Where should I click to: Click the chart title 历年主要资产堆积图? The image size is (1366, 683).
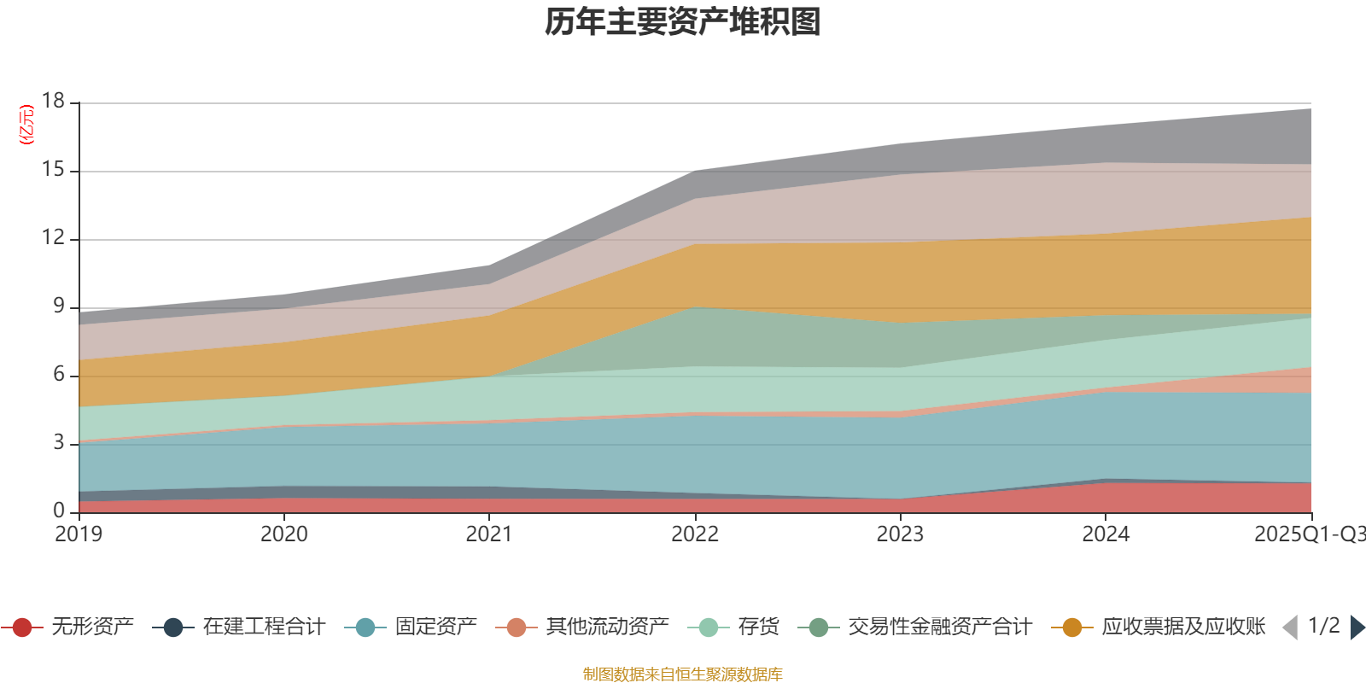coord(683,22)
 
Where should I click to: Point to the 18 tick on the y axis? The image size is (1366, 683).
coord(53,101)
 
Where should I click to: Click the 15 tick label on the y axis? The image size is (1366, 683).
coord(53,170)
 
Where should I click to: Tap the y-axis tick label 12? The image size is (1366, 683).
coord(53,237)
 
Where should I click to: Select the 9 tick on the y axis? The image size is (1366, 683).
coord(58,306)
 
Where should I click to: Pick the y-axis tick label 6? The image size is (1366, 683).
coord(58,374)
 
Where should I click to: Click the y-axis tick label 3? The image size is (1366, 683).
coord(58,442)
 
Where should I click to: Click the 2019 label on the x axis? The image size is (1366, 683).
coord(79,534)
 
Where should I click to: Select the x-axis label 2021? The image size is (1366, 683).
coord(489,534)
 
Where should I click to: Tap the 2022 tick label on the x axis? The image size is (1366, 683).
coord(695,534)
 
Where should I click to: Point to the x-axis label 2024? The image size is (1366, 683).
coord(1106,534)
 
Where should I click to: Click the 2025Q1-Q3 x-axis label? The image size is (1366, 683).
coord(1308,534)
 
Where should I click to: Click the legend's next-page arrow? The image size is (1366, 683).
coord(1357,628)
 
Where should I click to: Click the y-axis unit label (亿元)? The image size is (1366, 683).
coord(26,125)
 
